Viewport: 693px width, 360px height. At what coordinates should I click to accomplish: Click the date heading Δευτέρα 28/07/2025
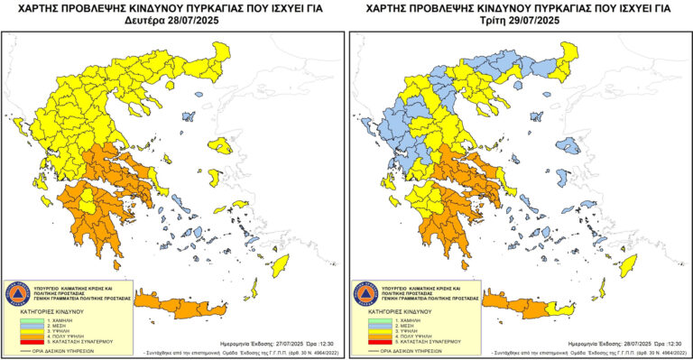(173, 20)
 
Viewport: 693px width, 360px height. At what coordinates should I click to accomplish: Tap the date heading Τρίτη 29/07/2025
(520, 20)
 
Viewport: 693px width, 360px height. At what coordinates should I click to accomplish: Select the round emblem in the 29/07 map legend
(365, 293)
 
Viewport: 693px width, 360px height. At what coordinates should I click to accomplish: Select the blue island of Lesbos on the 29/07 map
(568, 146)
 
